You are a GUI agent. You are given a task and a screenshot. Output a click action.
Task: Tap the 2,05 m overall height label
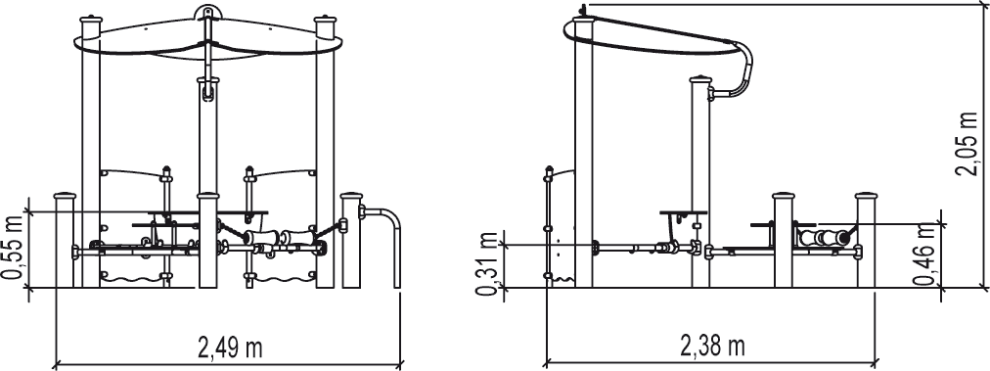tap(967, 145)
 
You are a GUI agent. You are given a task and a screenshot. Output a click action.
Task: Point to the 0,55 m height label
tap(13, 246)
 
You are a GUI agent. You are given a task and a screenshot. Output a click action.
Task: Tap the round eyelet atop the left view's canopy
tap(205, 12)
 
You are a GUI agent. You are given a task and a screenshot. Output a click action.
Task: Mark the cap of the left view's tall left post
tap(90, 21)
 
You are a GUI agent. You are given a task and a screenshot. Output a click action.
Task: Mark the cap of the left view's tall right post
tap(325, 21)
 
